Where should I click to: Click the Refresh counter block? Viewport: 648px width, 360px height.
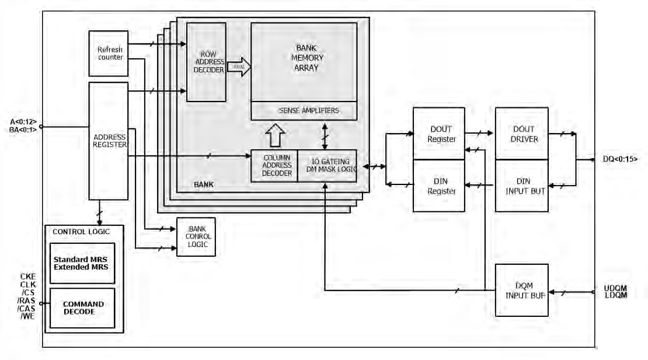click(108, 53)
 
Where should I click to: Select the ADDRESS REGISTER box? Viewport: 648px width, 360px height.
click(108, 141)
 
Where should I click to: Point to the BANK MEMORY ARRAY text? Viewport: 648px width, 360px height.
click(304, 58)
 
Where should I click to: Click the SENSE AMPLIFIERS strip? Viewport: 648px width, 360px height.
click(304, 110)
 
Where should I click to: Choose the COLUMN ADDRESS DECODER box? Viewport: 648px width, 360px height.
click(274, 166)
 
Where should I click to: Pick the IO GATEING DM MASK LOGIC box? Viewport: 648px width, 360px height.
click(326, 166)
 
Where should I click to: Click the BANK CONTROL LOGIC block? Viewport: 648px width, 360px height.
click(196, 236)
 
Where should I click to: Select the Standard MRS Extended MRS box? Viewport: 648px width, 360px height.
click(82, 263)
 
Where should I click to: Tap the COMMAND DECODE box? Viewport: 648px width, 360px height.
click(82, 308)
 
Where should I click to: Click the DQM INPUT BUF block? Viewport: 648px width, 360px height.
click(521, 290)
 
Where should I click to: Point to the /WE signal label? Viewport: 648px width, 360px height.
click(27, 316)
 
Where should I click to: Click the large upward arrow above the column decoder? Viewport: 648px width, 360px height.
click(274, 135)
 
